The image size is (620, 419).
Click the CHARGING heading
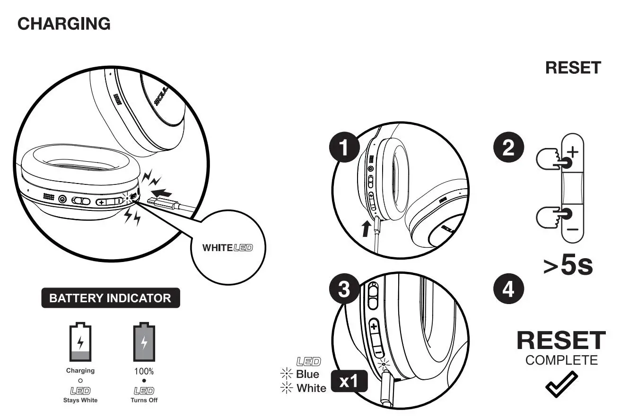(64, 24)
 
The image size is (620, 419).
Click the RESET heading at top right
(573, 68)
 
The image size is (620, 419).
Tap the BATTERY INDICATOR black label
(110, 298)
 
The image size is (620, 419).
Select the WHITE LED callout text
(227, 247)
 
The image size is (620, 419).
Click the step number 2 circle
(508, 148)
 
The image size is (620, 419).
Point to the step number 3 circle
(344, 289)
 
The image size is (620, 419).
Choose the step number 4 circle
(508, 289)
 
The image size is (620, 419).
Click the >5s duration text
(568, 266)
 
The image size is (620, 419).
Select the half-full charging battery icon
(80, 342)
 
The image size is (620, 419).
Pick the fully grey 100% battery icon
(144, 342)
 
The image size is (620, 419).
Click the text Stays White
(80, 400)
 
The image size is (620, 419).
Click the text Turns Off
(144, 400)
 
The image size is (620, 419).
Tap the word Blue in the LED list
(307, 374)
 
